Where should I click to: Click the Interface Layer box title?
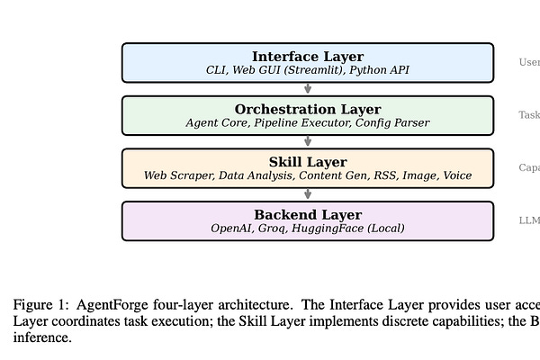click(308, 57)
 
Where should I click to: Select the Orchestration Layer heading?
click(308, 109)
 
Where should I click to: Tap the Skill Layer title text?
click(308, 162)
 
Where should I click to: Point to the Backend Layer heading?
click(308, 215)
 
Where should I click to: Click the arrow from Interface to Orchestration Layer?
click(308, 88)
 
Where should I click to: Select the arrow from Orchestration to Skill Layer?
click(308, 141)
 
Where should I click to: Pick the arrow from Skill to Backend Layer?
click(308, 193)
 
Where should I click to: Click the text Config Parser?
click(392, 122)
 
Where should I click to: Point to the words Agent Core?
click(219, 122)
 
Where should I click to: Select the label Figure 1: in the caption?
click(38, 304)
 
